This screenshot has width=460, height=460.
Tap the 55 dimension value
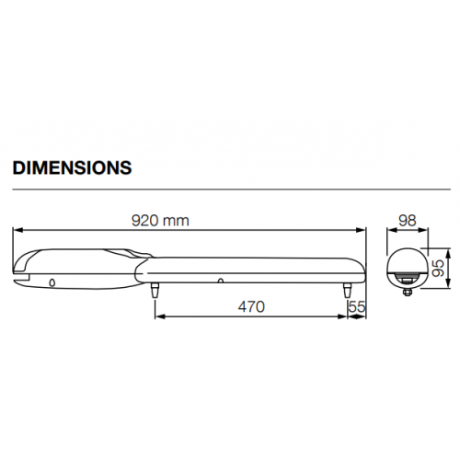[358, 306]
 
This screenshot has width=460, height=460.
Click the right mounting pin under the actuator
[348, 288]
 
